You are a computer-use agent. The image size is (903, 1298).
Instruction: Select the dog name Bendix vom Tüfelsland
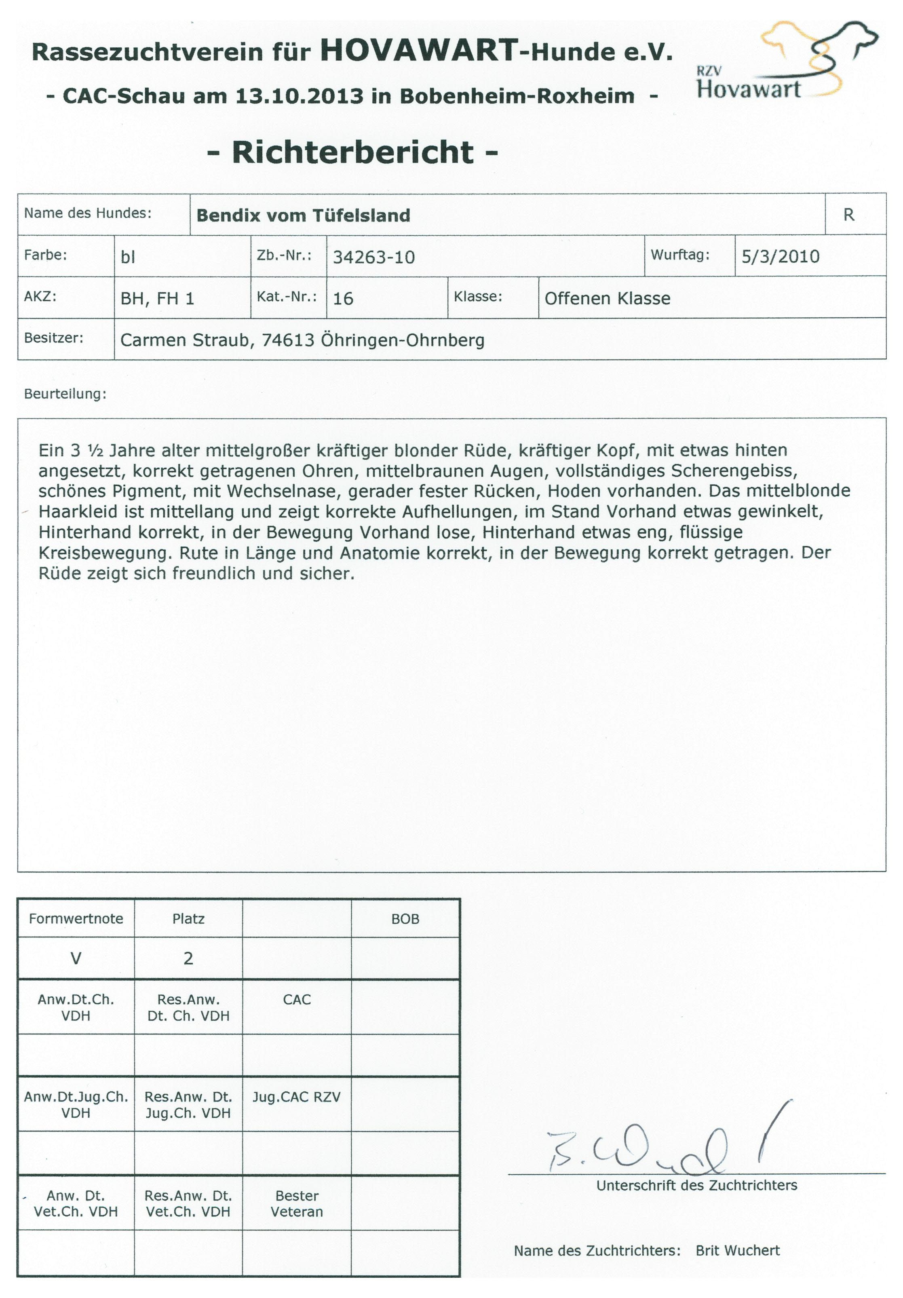pos(303,215)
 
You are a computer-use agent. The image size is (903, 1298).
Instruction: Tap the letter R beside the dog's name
pos(848,215)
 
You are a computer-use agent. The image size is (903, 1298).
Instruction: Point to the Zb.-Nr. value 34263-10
pos(374,257)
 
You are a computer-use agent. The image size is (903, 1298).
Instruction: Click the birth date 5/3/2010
pos(780,257)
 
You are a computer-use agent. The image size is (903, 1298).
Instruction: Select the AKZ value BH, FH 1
pos(157,298)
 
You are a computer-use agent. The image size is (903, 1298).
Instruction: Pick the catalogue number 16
pos(343,298)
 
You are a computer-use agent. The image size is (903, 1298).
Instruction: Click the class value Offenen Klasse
pos(607,298)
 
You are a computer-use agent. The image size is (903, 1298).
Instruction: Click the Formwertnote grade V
pos(76,958)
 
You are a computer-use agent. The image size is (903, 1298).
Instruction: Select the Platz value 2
pos(188,958)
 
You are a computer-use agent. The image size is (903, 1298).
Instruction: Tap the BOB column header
pos(405,919)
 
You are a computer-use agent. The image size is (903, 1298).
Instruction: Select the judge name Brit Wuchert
pos(737,1251)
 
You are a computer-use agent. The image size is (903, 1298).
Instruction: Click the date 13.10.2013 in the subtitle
pos(299,96)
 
